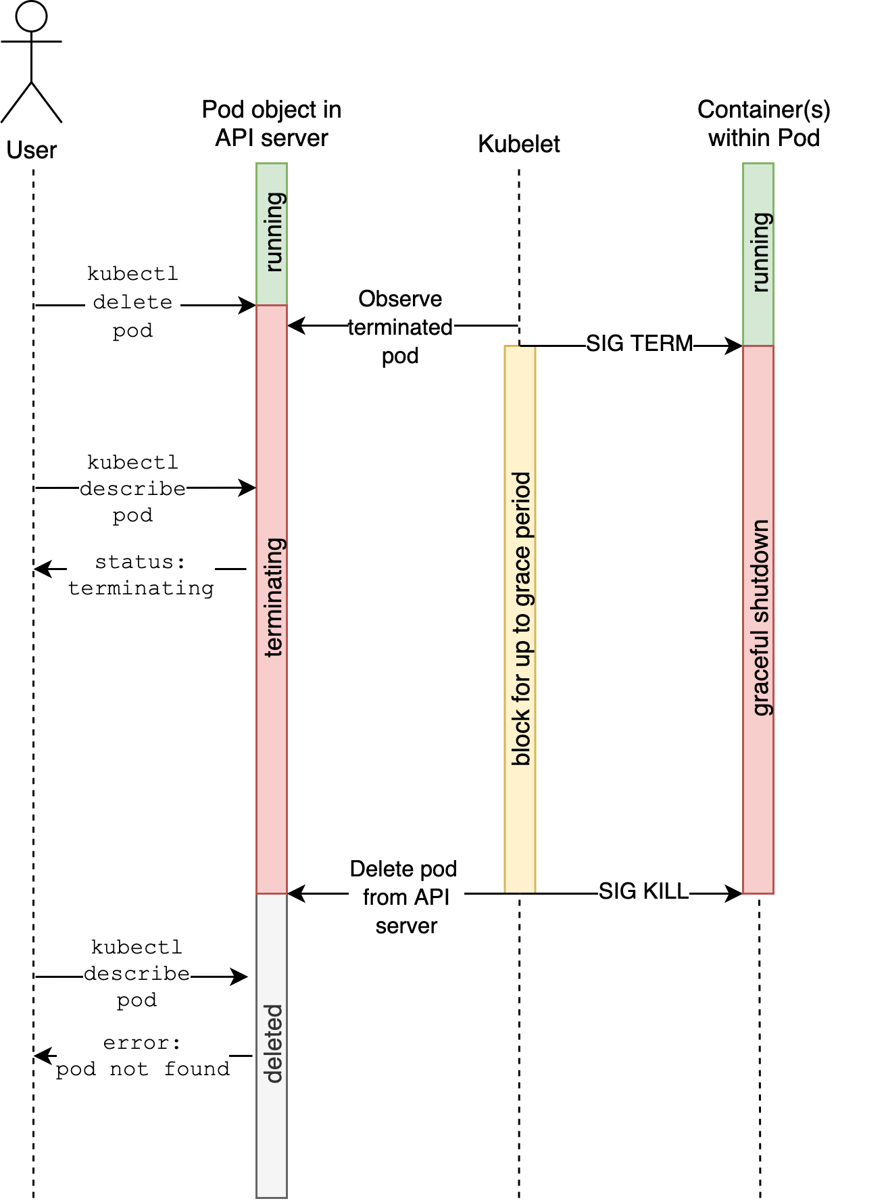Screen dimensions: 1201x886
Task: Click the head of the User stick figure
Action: pyautogui.click(x=31, y=16)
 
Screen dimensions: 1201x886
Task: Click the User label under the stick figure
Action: pyautogui.click(x=31, y=150)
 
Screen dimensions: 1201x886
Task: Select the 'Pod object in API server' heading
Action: pyautogui.click(x=272, y=124)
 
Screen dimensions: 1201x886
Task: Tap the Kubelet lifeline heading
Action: pyautogui.click(x=518, y=144)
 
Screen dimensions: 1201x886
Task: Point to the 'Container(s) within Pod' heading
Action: pyautogui.click(x=764, y=124)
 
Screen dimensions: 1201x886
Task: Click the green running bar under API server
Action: pyautogui.click(x=272, y=233)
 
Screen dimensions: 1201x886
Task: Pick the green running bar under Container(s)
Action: pyautogui.click(x=758, y=254)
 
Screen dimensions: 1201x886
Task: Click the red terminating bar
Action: pyautogui.click(x=272, y=598)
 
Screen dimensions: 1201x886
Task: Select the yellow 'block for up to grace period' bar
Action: pyautogui.click(x=520, y=619)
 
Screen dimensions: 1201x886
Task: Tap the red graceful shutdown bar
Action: pyautogui.click(x=758, y=619)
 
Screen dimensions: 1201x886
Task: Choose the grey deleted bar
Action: pyautogui.click(x=272, y=1045)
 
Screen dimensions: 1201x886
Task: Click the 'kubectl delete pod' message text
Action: pyautogui.click(x=132, y=303)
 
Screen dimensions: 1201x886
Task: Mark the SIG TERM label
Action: pyautogui.click(x=639, y=344)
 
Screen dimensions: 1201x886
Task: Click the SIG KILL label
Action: pyautogui.click(x=643, y=891)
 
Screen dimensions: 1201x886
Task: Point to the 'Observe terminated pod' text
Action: pyautogui.click(x=400, y=327)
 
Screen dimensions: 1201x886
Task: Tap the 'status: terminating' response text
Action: pyautogui.click(x=141, y=575)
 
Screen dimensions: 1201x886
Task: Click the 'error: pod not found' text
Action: pyautogui.click(x=143, y=1056)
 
